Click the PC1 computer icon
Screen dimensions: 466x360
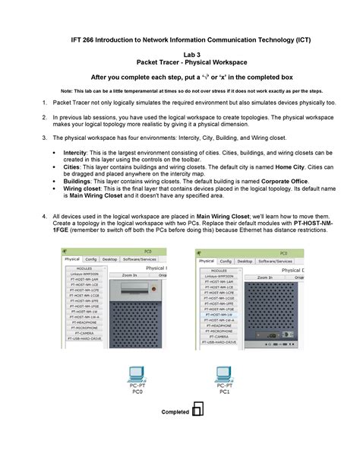tap(224, 374)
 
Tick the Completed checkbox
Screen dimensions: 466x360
tap(197, 411)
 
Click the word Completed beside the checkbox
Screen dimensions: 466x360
tap(175, 412)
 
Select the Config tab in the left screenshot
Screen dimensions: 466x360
tap(92, 258)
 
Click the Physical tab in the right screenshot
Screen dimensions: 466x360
tap(207, 262)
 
